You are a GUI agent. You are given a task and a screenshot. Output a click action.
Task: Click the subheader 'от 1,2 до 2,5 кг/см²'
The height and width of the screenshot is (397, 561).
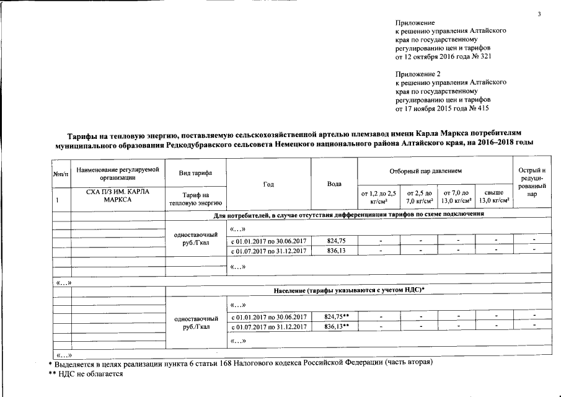[378, 197]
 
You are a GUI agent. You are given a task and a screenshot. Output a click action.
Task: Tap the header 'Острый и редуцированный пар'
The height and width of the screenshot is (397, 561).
[532, 182]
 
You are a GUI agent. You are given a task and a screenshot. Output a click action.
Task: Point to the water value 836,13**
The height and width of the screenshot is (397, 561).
[337, 326]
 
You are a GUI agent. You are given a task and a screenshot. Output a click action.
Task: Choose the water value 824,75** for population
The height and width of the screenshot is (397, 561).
[337, 316]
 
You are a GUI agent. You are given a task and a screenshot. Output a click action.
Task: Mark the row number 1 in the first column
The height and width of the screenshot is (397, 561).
[57, 200]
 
